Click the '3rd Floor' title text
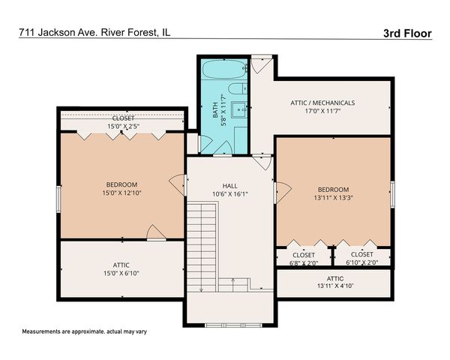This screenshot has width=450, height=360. point(405,34)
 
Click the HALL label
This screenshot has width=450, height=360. point(229,186)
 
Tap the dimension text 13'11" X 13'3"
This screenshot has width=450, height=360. point(333,199)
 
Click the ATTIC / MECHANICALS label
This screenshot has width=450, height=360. point(322,103)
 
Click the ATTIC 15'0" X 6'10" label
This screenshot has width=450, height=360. point(121,268)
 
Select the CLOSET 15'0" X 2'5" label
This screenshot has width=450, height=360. point(123,123)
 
